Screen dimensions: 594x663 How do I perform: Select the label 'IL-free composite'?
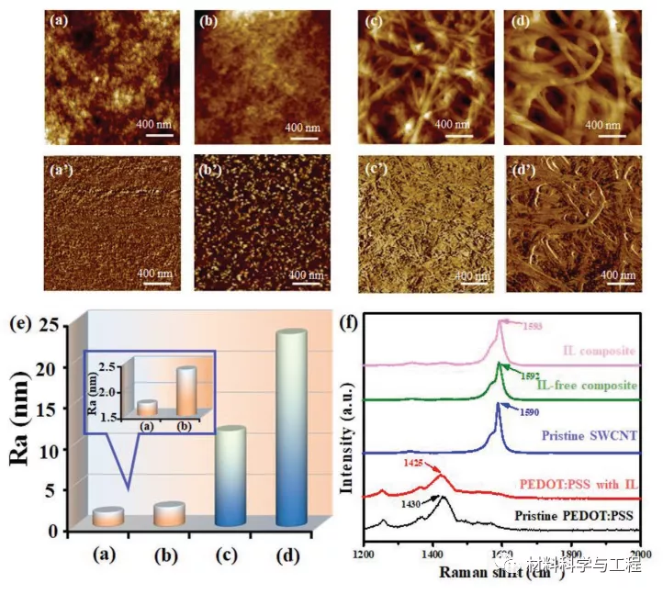point(588,385)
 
